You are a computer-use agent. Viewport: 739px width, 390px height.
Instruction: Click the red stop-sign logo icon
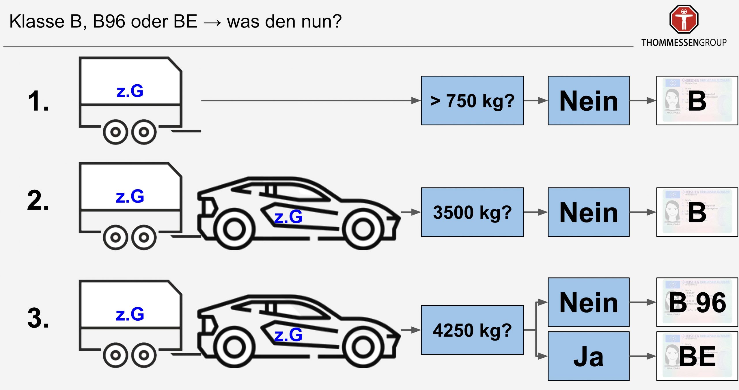[x=684, y=19]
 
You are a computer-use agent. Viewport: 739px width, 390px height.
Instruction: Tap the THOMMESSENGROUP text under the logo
[x=684, y=43]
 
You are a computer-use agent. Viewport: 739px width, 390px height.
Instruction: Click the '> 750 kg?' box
[x=472, y=101]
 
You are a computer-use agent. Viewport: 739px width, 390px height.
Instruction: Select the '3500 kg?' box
[x=472, y=212]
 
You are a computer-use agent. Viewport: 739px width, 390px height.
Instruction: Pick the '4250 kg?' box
[x=472, y=330]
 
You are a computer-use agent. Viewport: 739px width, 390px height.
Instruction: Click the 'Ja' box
[x=588, y=356]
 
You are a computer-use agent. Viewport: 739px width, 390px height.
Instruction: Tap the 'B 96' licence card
[x=697, y=302]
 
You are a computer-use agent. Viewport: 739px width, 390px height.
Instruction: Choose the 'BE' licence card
[x=697, y=356]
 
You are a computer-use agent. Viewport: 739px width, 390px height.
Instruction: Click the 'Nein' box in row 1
[x=588, y=101]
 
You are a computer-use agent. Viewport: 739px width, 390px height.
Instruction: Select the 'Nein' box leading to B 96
[x=588, y=302]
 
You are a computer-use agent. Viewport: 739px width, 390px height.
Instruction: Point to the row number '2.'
[x=38, y=200]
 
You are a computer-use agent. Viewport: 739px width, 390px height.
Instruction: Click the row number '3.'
[x=38, y=318]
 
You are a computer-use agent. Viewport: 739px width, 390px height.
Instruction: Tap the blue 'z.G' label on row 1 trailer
[x=130, y=91]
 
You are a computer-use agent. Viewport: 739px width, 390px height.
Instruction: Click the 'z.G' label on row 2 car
[x=288, y=217]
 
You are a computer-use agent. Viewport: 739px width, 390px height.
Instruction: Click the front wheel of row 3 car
[x=363, y=348]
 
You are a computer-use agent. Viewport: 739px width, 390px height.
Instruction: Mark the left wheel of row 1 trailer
[x=115, y=132]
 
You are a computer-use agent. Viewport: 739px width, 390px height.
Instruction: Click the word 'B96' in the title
[x=109, y=21]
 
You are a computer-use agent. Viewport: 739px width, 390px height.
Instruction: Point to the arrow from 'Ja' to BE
[x=643, y=356]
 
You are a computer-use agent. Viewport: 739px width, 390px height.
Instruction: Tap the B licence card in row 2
[x=697, y=212]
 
